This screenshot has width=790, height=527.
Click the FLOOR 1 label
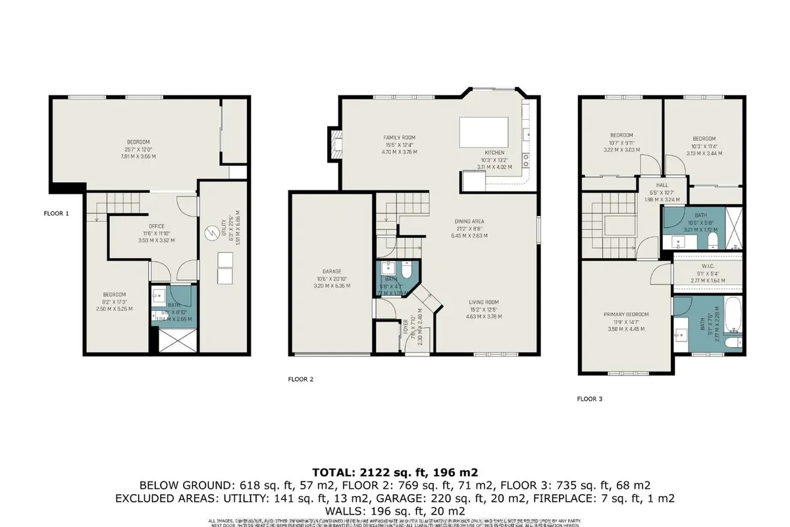(55, 213)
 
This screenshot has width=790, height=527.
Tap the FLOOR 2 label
(301, 379)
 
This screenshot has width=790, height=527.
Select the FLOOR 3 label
(590, 399)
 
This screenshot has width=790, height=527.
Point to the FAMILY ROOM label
(400, 138)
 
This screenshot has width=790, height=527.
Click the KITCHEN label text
(494, 152)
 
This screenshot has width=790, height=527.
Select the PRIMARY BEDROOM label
(626, 314)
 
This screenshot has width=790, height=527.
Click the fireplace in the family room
(335, 143)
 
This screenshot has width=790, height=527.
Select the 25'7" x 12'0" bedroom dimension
(138, 150)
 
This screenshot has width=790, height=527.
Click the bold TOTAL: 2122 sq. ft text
(395, 472)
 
